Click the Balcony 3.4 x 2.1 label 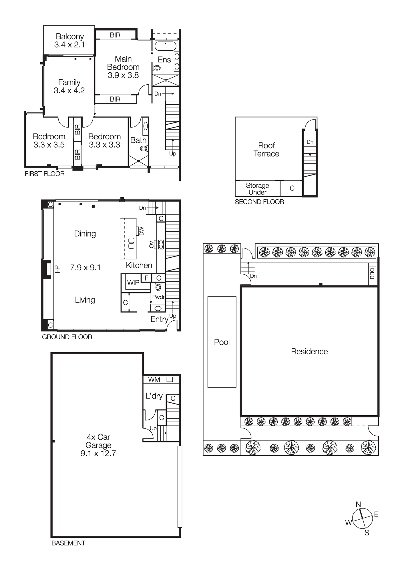tap(69, 41)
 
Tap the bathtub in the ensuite tap(166, 46)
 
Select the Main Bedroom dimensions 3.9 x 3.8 tap(123, 75)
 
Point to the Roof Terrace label tap(266, 150)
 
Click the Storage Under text tap(257, 189)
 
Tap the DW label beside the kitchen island tap(141, 231)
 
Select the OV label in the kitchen tap(151, 244)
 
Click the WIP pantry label tap(133, 283)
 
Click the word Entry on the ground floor tap(159, 319)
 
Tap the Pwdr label tap(158, 297)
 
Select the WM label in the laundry tap(154, 380)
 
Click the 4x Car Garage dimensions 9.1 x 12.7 tap(98, 453)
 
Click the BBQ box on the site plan tap(372, 273)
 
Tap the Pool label tap(222, 342)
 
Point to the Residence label tap(309, 351)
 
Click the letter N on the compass tap(358, 504)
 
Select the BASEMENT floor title tap(68, 543)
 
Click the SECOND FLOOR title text tap(259, 202)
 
